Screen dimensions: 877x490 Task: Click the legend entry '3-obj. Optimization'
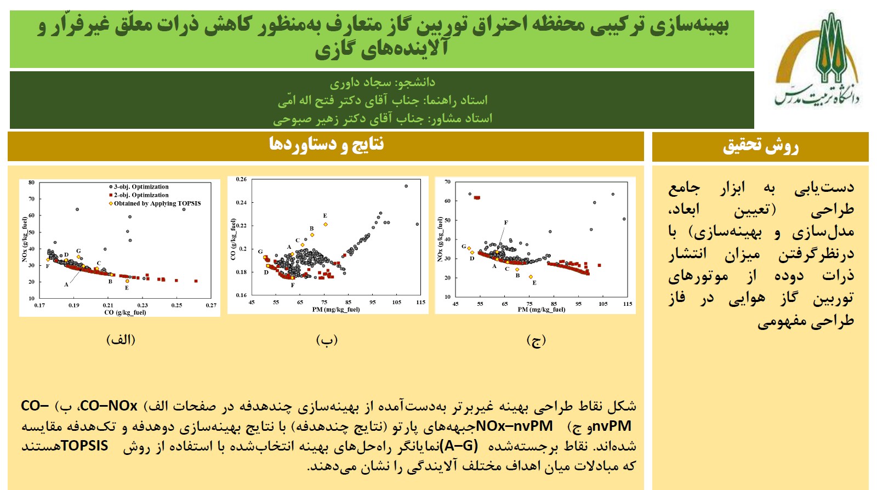[139, 187]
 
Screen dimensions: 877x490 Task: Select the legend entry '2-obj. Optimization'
[139, 195]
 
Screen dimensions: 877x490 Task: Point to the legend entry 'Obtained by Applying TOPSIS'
[155, 203]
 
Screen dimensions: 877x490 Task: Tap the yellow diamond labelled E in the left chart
[127, 281]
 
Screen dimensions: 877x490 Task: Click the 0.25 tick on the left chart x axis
[176, 305]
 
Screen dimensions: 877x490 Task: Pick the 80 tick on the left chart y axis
[31, 183]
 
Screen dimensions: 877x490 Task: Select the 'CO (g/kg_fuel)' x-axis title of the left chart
[125, 312]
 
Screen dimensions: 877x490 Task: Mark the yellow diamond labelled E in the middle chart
[326, 224]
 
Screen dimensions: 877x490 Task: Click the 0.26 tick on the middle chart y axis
[241, 179]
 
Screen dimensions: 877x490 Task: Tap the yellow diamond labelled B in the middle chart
[312, 235]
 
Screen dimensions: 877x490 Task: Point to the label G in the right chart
[464, 247]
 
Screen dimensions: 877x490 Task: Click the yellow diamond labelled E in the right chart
[531, 277]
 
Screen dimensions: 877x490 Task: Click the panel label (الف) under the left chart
[121, 340]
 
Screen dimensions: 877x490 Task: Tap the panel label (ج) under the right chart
[536, 340]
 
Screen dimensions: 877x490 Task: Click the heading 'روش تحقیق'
[760, 146]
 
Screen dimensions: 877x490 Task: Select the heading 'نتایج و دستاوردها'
[326, 144]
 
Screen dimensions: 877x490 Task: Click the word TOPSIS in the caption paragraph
[84, 446]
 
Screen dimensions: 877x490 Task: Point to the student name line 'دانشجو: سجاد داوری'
[382, 82]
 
